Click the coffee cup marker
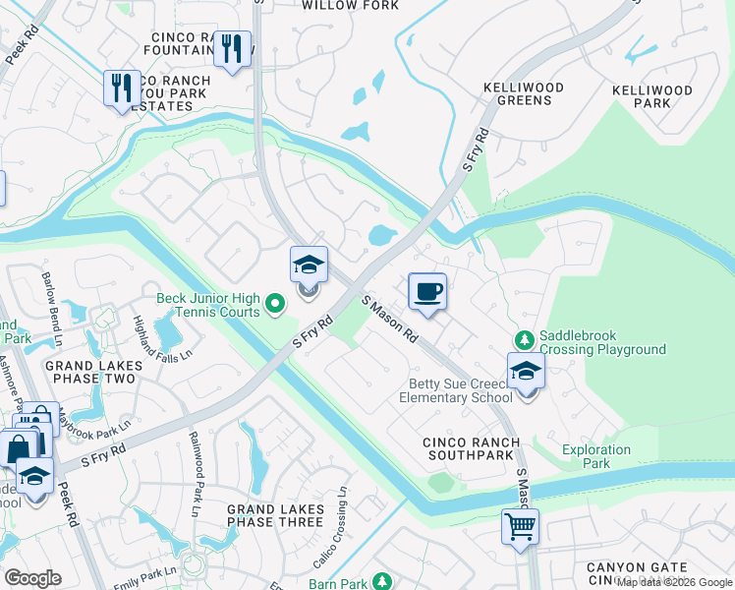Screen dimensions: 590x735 (x=426, y=293)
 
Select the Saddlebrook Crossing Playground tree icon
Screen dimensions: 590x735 (x=523, y=338)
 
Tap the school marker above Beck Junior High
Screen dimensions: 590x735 (x=309, y=266)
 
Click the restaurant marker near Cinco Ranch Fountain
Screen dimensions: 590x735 (x=232, y=48)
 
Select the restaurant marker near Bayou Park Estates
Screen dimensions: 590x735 (x=119, y=88)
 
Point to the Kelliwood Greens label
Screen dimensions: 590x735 (x=524, y=94)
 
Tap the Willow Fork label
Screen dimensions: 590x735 (x=350, y=6)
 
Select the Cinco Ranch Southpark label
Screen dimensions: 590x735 (x=468, y=449)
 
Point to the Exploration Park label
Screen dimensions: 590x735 (x=596, y=456)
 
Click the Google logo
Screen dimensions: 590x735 (x=32, y=578)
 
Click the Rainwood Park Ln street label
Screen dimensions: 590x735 (x=195, y=474)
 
